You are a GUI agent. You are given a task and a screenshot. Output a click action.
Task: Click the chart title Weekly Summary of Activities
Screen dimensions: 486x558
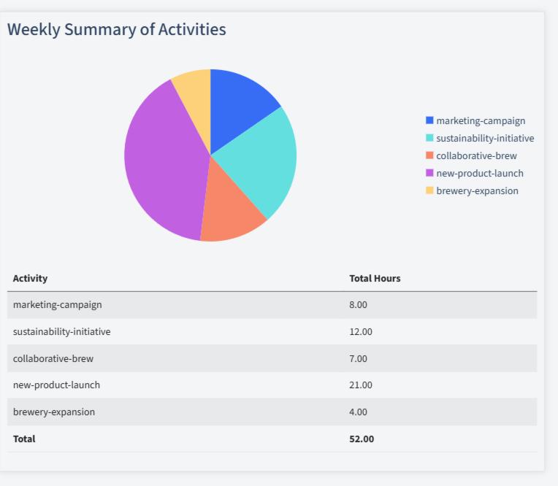tap(117, 30)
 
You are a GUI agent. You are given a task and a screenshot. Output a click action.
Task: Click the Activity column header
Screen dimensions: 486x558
tap(30, 278)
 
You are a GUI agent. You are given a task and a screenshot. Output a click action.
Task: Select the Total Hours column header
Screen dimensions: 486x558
tap(375, 278)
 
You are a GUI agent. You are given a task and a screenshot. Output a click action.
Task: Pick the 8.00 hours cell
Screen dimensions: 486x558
tap(358, 304)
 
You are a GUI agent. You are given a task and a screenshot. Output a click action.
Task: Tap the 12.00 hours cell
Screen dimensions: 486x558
tap(361, 331)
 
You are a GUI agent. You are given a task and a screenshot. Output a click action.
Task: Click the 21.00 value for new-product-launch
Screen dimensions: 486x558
tap(361, 385)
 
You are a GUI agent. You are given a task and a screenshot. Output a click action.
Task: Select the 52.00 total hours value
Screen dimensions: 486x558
tap(362, 439)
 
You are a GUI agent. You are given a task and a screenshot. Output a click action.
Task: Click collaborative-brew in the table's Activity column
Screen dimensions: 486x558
tap(53, 358)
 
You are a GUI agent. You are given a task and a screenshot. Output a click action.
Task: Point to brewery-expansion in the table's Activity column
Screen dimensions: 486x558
tap(54, 412)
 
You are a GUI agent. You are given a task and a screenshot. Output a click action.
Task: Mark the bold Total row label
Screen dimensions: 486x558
tap(24, 439)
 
